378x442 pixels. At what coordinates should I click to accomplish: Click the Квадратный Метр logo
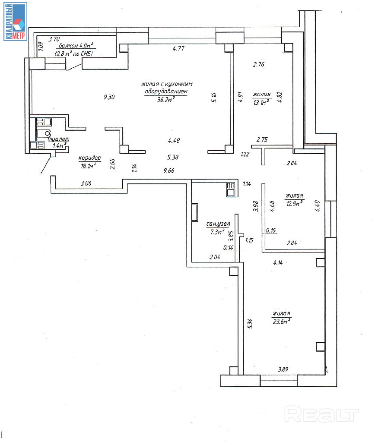(15, 21)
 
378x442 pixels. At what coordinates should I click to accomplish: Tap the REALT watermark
(322, 415)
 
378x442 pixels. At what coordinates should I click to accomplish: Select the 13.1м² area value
(261, 102)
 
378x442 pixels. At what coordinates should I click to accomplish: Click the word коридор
(89, 158)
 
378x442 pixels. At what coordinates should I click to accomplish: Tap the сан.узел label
(218, 224)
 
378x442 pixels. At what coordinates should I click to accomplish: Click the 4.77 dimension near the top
(178, 49)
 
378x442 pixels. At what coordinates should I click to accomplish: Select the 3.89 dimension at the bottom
(283, 369)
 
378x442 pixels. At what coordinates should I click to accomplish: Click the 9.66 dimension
(169, 171)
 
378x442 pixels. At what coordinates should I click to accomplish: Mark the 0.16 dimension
(271, 230)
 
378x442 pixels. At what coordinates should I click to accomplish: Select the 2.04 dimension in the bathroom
(215, 257)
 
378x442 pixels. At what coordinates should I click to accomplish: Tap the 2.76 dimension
(258, 65)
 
